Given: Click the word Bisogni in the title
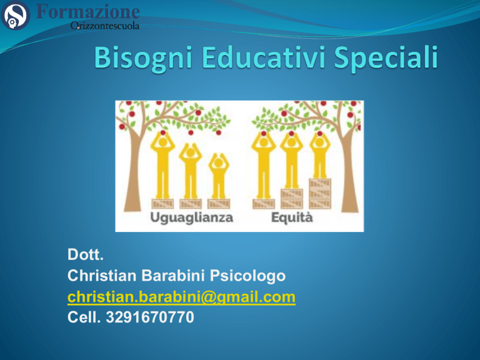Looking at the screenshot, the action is pos(143,59).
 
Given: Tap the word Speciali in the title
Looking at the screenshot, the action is pos(386,59).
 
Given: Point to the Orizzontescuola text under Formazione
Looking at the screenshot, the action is pos(105,26).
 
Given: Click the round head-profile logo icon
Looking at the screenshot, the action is pos(15,15).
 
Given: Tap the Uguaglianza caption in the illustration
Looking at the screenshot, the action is pos(192,218).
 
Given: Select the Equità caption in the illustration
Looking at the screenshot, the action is pos(292,217).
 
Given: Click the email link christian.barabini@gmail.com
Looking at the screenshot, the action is pos(181,297).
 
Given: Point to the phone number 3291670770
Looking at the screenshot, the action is pos(150,317).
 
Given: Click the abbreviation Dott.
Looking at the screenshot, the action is pos(86,255).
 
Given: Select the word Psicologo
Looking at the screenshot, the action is pos(247,276).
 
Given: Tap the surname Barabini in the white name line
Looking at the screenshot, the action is pos(173,276).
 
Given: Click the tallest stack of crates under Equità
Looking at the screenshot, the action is pos(320,194).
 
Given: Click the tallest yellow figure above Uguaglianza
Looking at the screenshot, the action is pos(162,165).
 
